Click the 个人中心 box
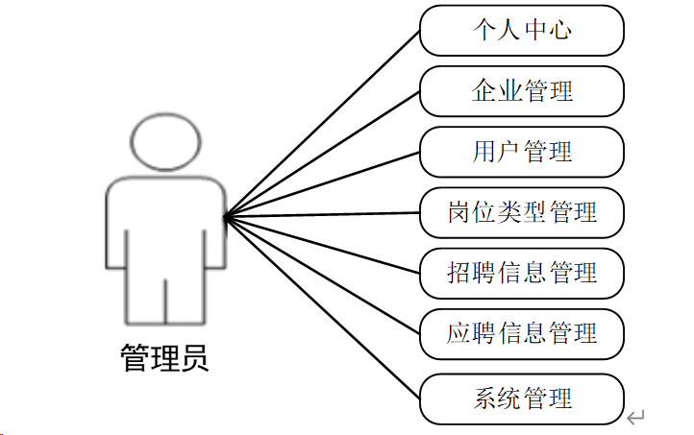[x=522, y=31]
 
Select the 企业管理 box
[x=522, y=91]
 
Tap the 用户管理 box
[x=522, y=152]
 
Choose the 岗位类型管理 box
[x=522, y=212]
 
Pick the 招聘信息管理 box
[x=522, y=273]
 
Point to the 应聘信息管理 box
[x=522, y=333]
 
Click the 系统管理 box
[x=522, y=399]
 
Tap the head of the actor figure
[x=165, y=141]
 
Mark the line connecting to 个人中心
[x=322, y=124]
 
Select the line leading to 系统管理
[x=322, y=308]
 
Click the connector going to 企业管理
[x=322, y=154]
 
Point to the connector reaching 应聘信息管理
[x=322, y=276]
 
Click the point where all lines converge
[x=224, y=217]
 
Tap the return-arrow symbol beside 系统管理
[x=635, y=417]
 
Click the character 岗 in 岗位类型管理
[x=459, y=212]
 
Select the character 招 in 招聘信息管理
[x=459, y=273]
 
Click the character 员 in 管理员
[x=193, y=358]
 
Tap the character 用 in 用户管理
[x=484, y=152]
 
